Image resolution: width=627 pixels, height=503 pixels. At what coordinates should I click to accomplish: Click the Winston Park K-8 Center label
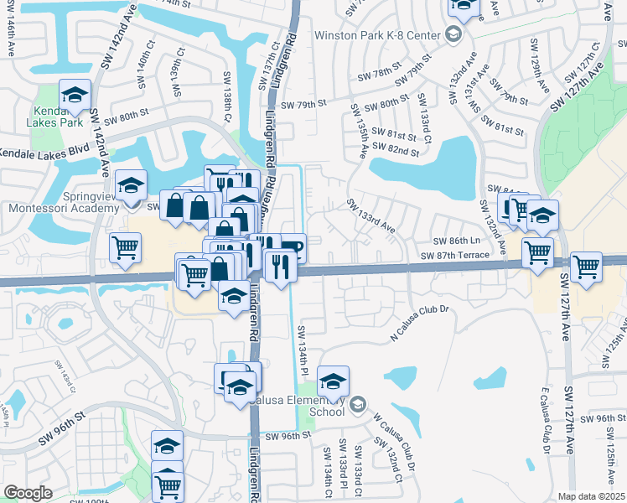point(378,35)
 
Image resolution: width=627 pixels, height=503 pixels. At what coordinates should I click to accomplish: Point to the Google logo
point(28,492)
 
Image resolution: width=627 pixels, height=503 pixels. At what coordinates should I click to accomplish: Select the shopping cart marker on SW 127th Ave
point(586,267)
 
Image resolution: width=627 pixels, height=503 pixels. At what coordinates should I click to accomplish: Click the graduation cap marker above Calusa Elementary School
point(333,381)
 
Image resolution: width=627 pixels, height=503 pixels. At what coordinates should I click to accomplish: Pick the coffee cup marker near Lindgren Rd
point(292,246)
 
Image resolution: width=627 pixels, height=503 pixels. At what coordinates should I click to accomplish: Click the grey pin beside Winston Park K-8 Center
point(453,34)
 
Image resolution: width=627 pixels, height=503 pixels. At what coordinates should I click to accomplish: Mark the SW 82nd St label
point(396,150)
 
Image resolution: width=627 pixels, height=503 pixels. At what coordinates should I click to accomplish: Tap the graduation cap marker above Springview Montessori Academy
point(130,184)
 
